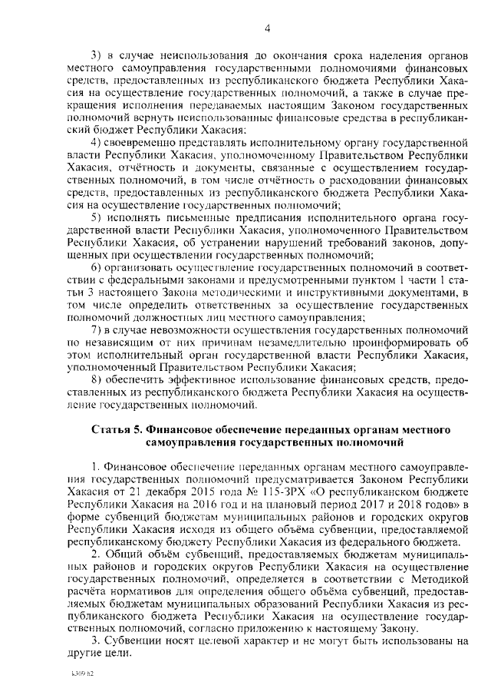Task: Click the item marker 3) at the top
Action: (x=96, y=55)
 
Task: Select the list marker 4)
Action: (x=96, y=143)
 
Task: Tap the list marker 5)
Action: (x=96, y=219)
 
